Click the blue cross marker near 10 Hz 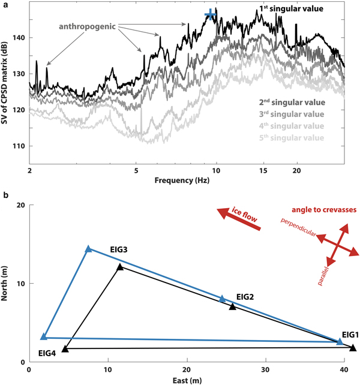click(209, 14)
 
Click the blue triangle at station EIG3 click(89, 249)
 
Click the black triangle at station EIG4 click(65, 348)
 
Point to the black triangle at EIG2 click(233, 307)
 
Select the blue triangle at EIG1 click(340, 341)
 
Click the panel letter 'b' click(5, 195)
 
